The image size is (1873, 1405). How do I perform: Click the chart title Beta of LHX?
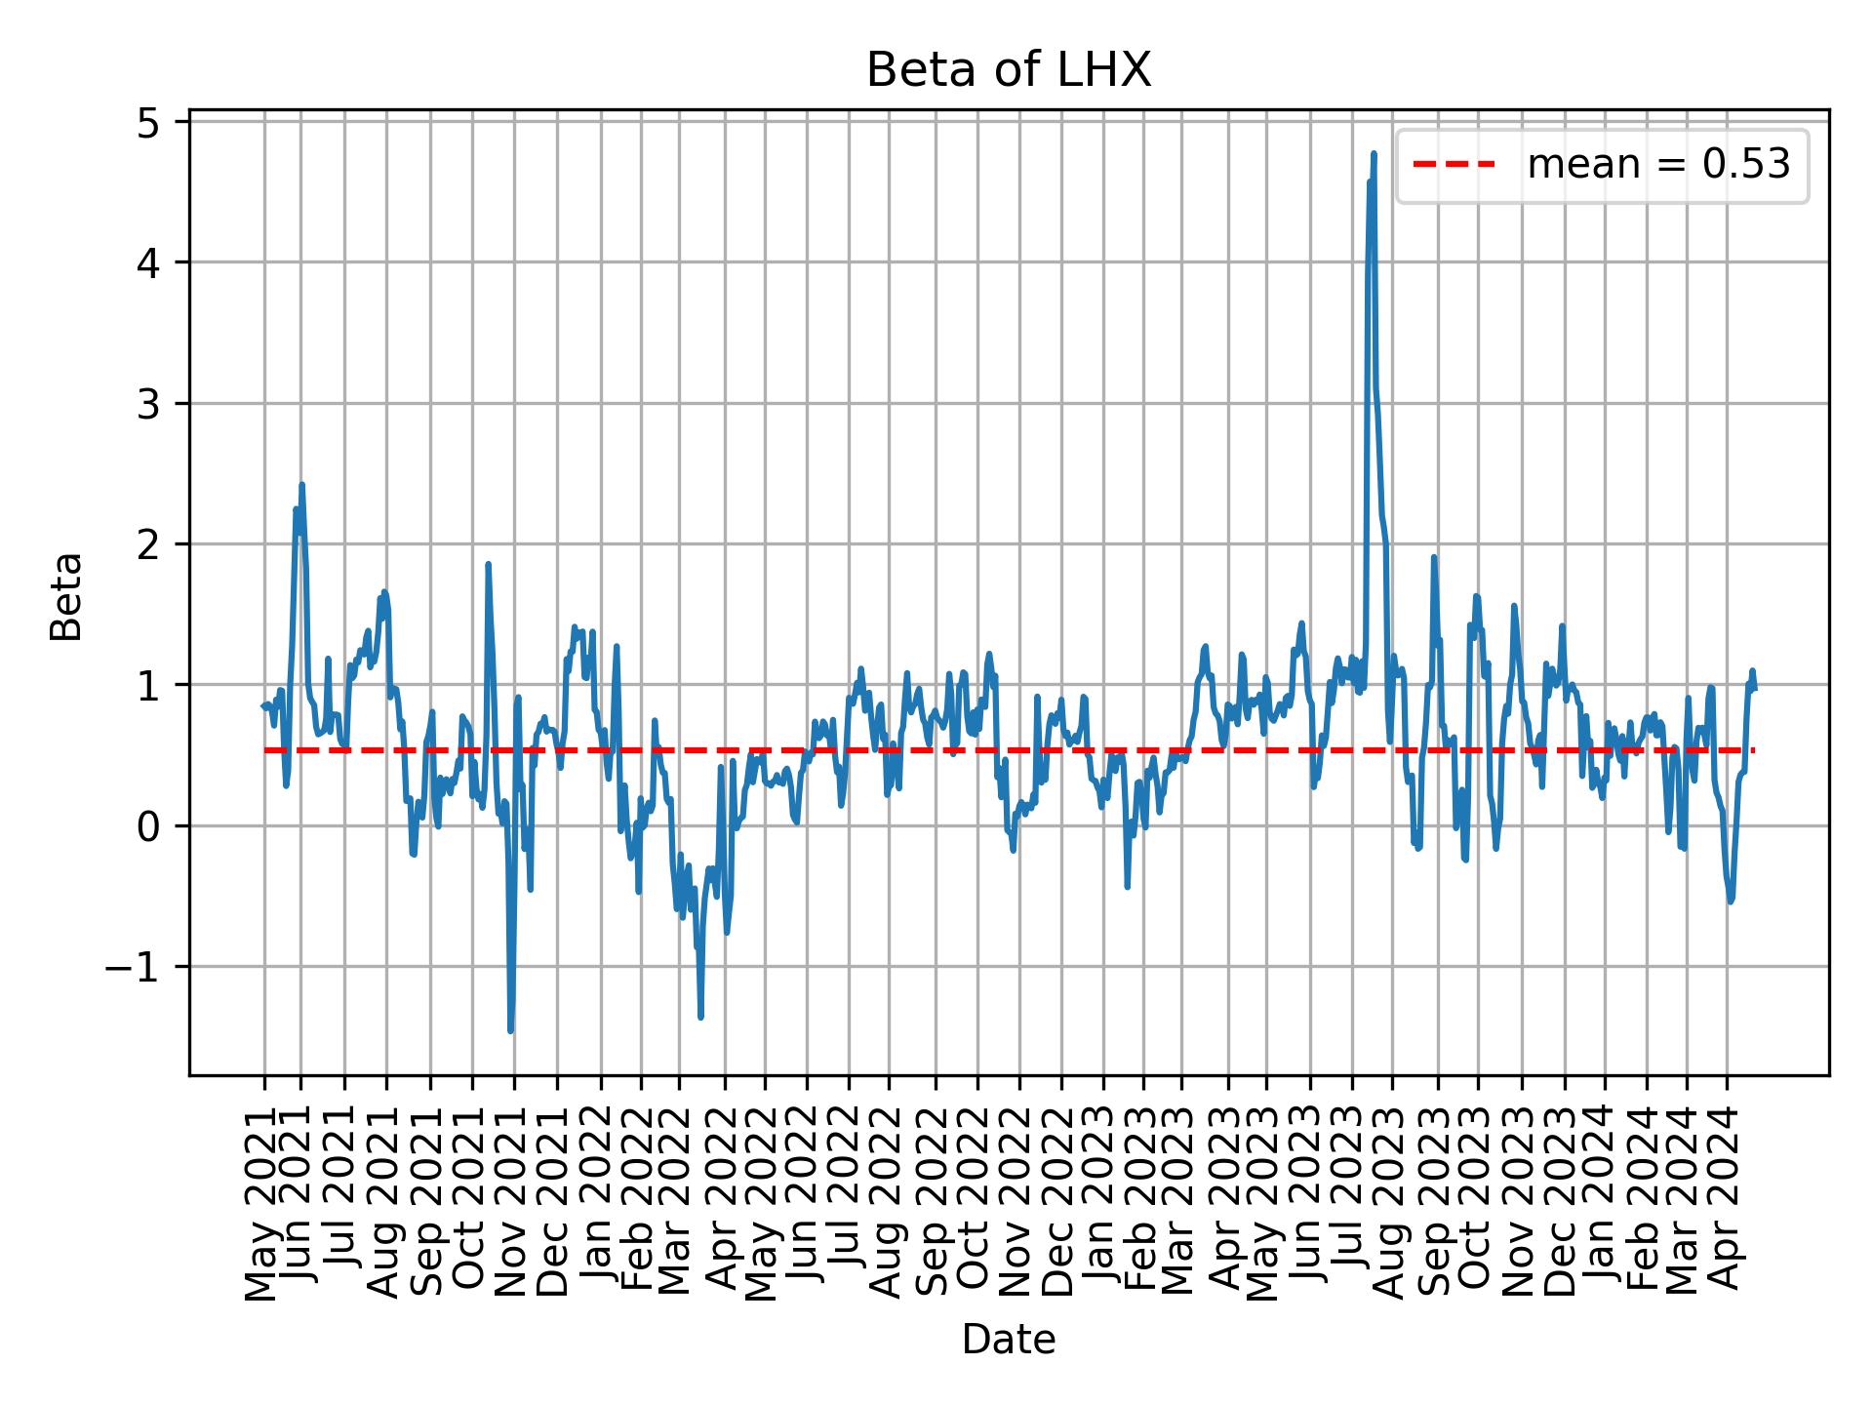click(x=1009, y=71)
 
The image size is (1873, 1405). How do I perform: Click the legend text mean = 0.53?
click(x=1658, y=166)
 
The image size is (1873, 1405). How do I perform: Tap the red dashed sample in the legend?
click(x=1454, y=166)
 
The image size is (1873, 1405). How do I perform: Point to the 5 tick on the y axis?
click(x=147, y=122)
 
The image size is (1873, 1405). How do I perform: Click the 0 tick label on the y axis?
click(x=147, y=826)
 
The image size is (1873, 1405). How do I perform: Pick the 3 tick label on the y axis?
click(x=147, y=404)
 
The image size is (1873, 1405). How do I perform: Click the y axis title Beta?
click(x=66, y=596)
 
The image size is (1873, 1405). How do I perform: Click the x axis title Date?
click(x=1009, y=1340)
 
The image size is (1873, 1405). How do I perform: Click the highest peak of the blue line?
click(x=1374, y=153)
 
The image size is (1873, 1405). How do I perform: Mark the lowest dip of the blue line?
click(x=510, y=1030)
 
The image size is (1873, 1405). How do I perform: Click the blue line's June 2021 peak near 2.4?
click(x=301, y=485)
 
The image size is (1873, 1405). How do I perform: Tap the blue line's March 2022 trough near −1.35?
click(x=700, y=1017)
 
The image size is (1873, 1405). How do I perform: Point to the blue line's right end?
click(x=1754, y=689)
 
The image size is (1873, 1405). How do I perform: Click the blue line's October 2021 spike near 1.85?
click(x=488, y=564)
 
